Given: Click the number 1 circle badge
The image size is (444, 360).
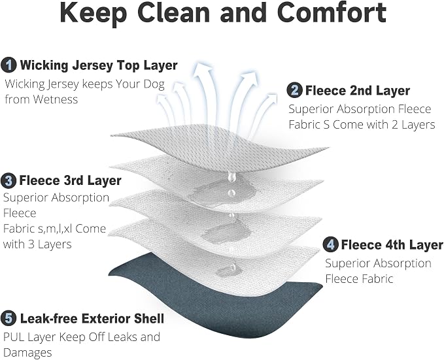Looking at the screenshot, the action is pyautogui.click(x=9, y=65).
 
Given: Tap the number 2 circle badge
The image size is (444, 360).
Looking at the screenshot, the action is pyautogui.click(x=294, y=90).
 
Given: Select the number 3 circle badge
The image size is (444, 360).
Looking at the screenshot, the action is pyautogui.click(x=9, y=180).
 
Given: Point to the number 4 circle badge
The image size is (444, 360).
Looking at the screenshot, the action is pyautogui.click(x=330, y=244).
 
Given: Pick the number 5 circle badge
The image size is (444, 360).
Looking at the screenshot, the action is pyautogui.click(x=9, y=318).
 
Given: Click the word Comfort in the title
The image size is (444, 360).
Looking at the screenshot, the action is pyautogui.click(x=332, y=12).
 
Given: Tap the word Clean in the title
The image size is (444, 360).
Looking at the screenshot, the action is pyautogui.click(x=173, y=12).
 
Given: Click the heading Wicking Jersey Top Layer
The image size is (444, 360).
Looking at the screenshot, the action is pyautogui.click(x=99, y=65).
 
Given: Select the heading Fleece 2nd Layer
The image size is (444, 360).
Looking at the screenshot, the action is pyautogui.click(x=358, y=91).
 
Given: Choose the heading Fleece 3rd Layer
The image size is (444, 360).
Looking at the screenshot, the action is pyautogui.click(x=70, y=180).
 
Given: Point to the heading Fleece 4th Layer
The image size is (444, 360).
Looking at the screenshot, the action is pyautogui.click(x=392, y=244).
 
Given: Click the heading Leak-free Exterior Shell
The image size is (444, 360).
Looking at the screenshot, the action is pyautogui.click(x=92, y=319).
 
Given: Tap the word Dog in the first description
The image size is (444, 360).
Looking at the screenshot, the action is pyautogui.click(x=154, y=84).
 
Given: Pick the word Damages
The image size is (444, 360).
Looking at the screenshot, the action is pyautogui.click(x=27, y=353).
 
